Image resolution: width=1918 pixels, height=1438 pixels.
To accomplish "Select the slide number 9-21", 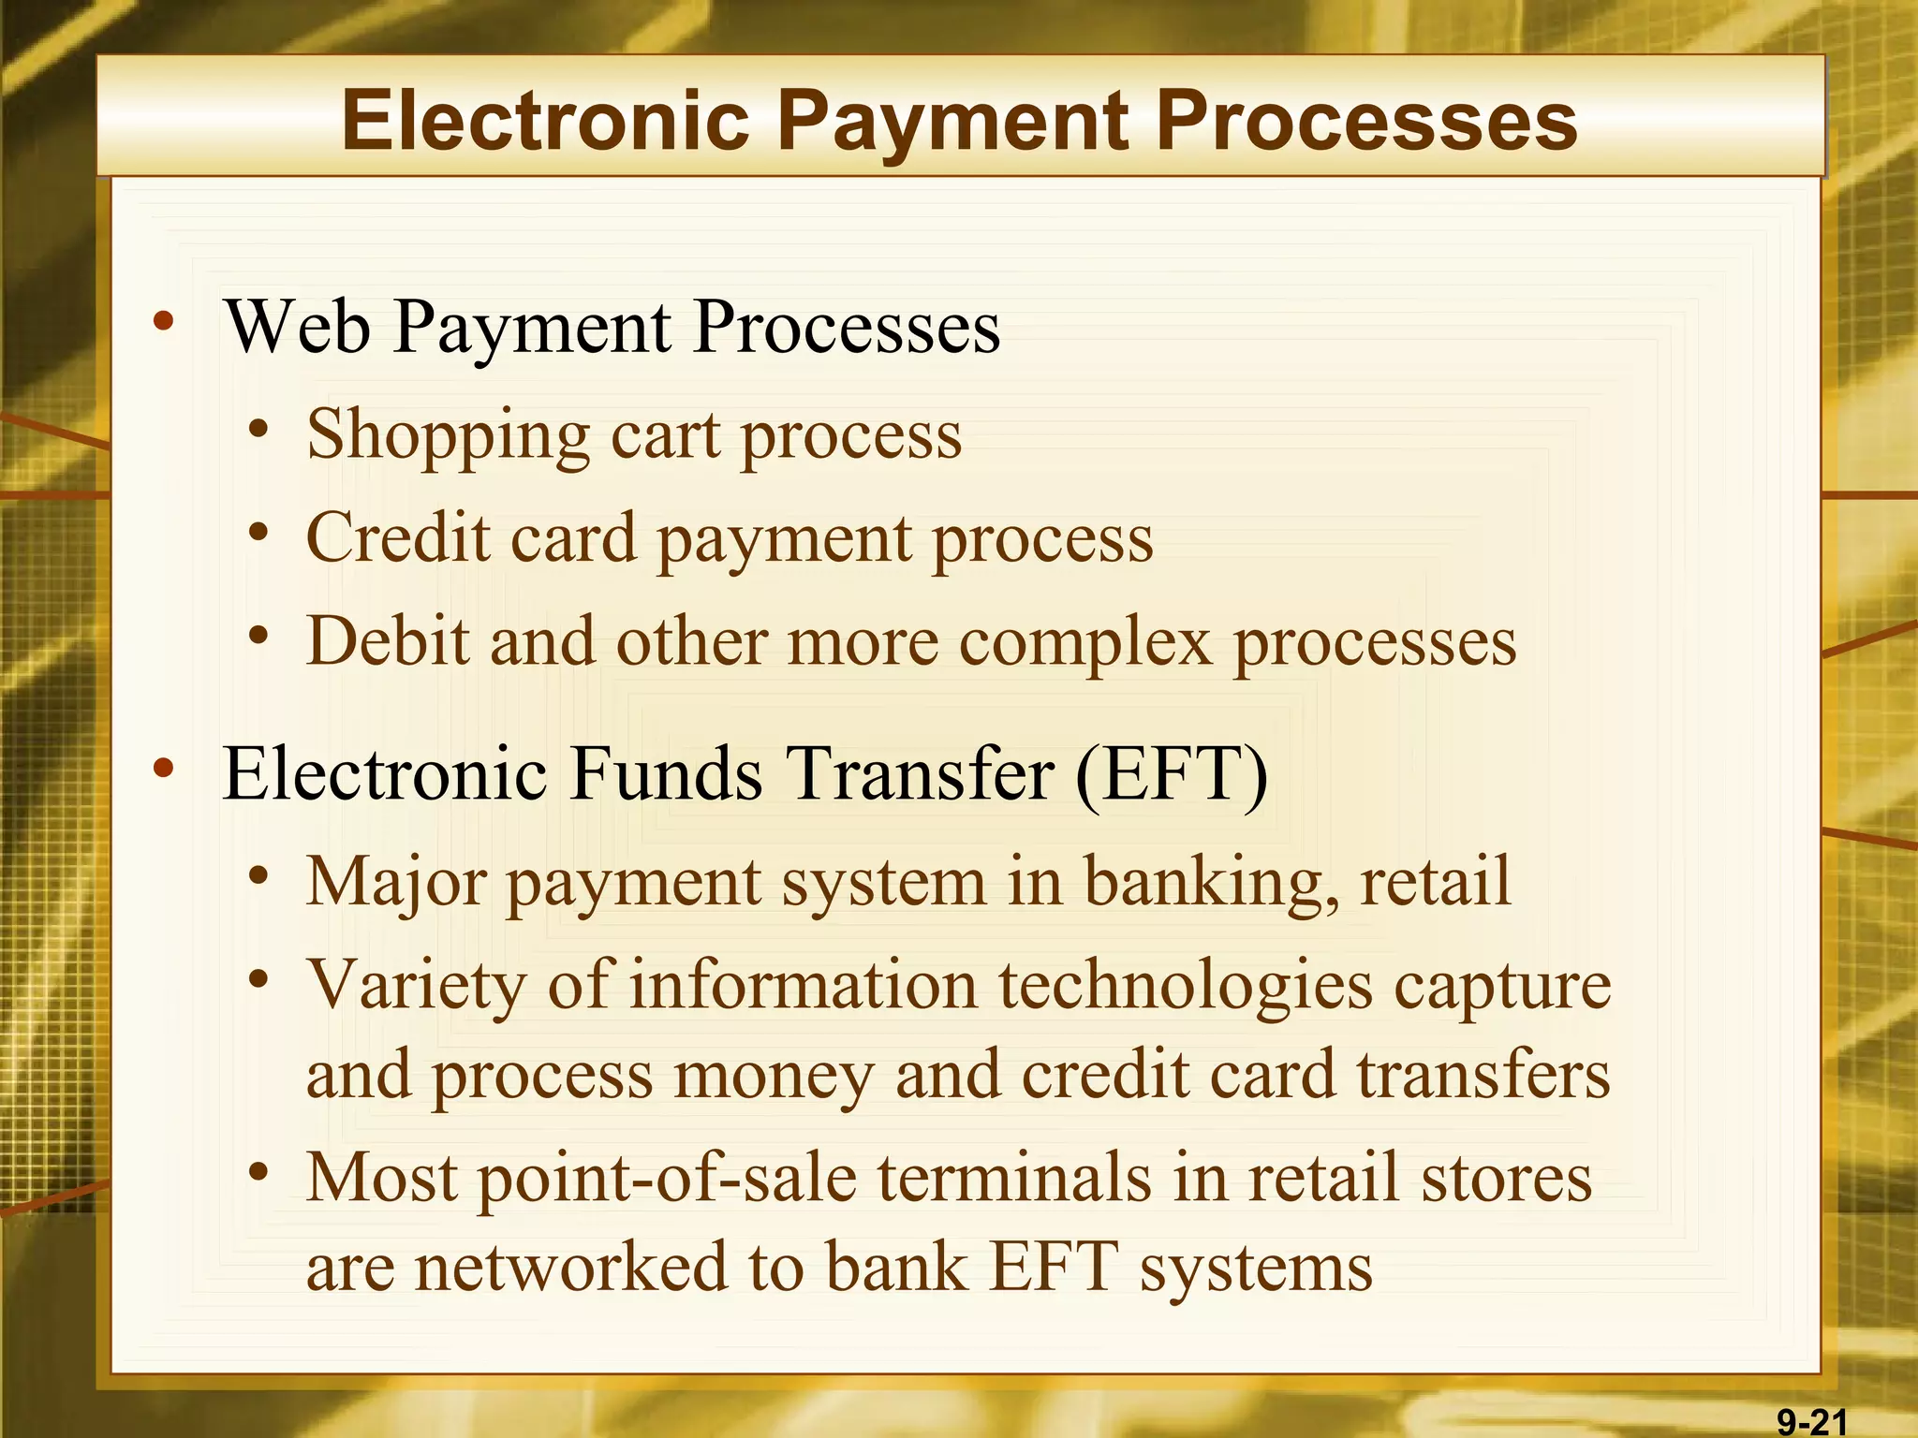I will pos(1812,1422).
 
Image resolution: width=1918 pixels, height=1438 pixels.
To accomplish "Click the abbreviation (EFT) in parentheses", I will pos(1171,774).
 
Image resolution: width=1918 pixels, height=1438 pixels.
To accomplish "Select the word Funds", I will pos(666,774).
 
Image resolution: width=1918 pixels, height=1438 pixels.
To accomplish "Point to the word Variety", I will pos(416,986).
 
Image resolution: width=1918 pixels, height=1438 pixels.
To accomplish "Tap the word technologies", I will pos(1184,986).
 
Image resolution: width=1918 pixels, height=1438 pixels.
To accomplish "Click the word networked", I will pos(570,1267).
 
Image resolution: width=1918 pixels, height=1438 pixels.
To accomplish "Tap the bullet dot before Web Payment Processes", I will pos(164,323).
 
